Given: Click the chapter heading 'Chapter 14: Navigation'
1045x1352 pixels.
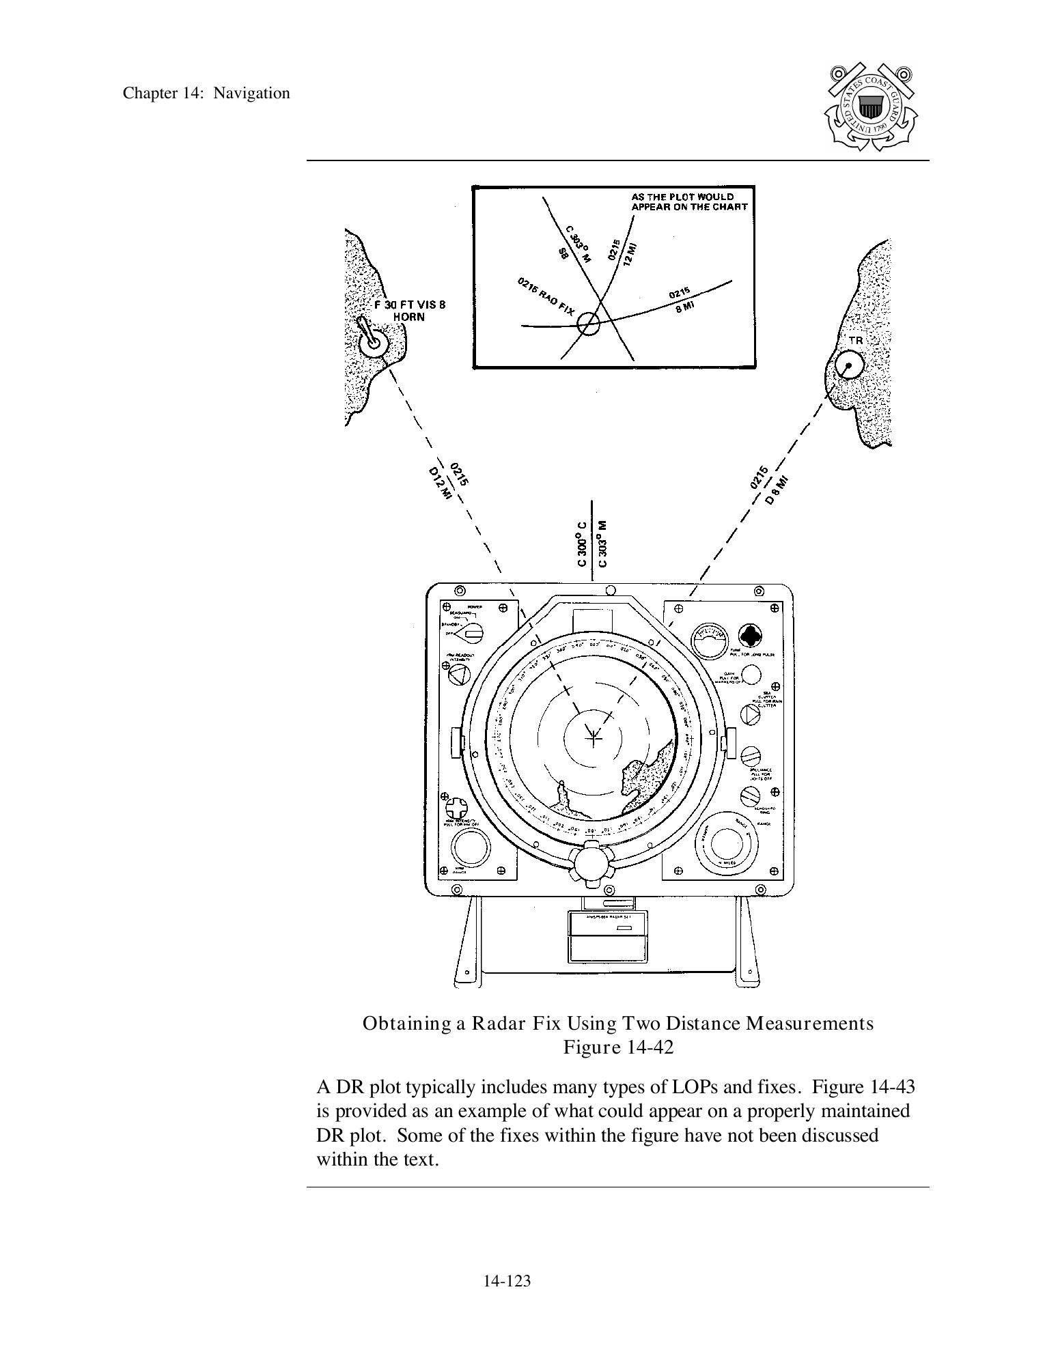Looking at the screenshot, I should coord(206,94).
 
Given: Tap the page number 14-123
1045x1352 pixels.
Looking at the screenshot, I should coord(507,1281).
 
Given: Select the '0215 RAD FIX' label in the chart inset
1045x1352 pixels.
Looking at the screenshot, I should coord(546,296).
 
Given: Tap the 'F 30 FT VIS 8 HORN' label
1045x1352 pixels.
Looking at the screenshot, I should coord(409,311).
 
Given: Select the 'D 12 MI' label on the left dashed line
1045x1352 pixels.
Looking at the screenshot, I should coord(439,483).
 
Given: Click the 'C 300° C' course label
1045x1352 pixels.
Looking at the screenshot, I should coord(582,544).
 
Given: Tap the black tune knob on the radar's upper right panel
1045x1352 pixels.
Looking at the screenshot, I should coord(749,635).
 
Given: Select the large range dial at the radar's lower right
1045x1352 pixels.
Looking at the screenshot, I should coord(726,844).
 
